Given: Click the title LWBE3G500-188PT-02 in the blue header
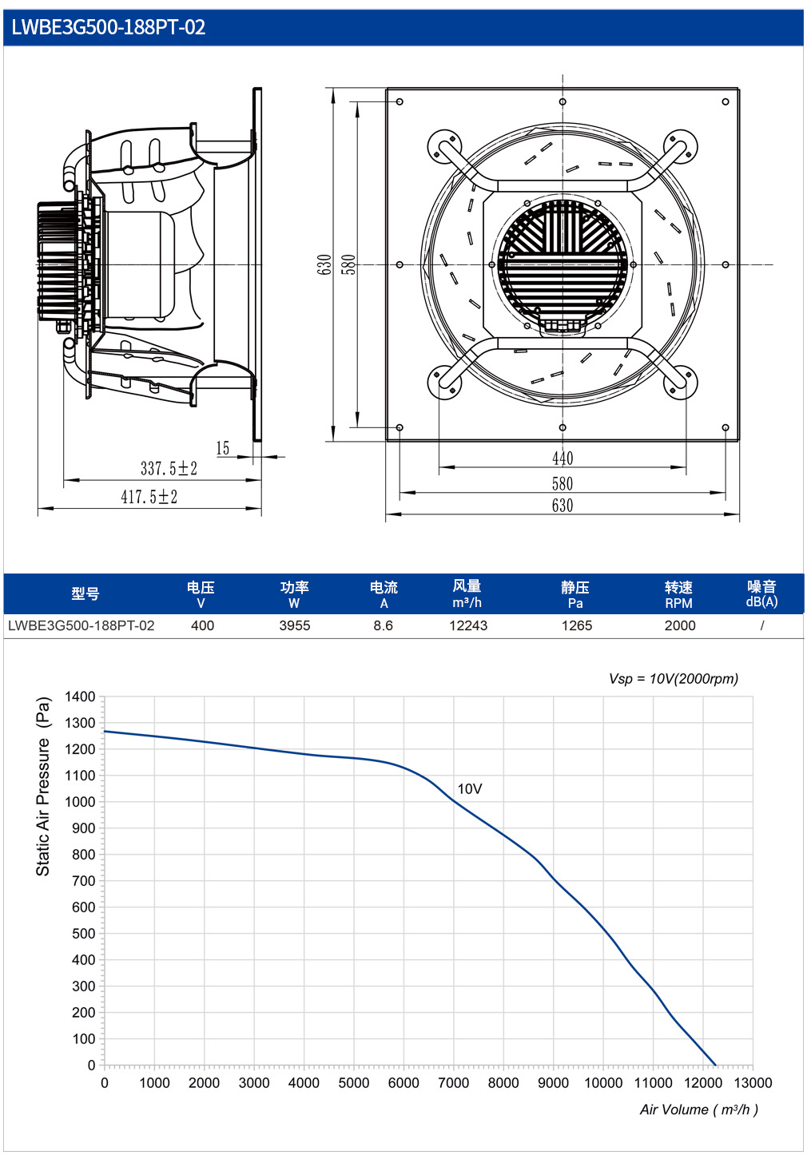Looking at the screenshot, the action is coord(109,27).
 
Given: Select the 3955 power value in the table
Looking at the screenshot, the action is coord(295,625).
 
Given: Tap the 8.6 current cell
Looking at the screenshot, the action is coord(384,625).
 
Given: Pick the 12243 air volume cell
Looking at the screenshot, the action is coord(468,625).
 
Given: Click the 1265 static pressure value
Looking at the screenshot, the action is coord(576,625).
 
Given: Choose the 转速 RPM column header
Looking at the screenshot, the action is coord(678,594).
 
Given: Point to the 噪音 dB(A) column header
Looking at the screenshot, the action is coord(761,593).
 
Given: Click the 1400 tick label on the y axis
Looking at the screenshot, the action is coord(80,697).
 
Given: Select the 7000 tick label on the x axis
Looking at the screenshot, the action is coord(453,1082).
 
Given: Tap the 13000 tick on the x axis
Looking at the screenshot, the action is coord(753,1082).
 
